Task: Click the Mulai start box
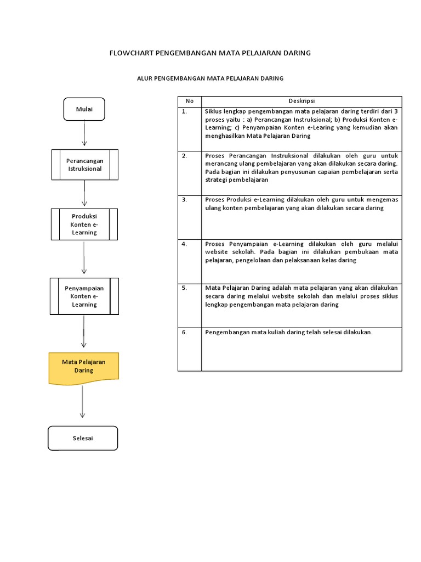click(84, 109)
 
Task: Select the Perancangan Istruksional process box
click(84, 165)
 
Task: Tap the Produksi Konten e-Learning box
click(84, 224)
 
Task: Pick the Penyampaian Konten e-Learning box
click(84, 296)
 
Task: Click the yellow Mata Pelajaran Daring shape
click(84, 367)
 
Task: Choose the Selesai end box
click(83, 438)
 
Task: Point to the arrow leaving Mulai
click(84, 133)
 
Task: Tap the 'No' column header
click(190, 102)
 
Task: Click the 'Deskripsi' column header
click(301, 102)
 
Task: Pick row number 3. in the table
click(185, 200)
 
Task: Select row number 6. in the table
click(185, 332)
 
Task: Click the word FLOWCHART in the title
click(132, 53)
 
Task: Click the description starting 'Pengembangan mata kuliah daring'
click(288, 332)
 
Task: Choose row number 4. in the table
click(185, 244)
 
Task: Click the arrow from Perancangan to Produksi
click(84, 193)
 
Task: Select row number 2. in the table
click(185, 155)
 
